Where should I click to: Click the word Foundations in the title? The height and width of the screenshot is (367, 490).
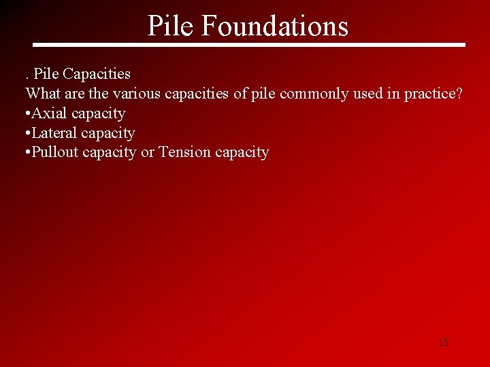pos(275,26)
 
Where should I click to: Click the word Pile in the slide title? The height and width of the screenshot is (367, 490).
pos(170,26)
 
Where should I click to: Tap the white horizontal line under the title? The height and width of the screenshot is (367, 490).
pos(249,46)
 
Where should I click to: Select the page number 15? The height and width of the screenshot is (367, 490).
pos(444,343)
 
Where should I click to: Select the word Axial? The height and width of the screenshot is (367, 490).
pos(50,113)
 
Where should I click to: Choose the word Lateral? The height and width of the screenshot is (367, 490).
pos(54,133)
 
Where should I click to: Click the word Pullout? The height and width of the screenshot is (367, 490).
pos(55,152)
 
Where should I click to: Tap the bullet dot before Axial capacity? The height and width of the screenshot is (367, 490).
pos(27,113)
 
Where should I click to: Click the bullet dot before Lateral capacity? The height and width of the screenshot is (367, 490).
pos(27,133)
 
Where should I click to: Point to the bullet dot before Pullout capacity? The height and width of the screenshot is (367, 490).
pos(27,153)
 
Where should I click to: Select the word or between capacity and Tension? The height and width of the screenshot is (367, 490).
pos(147,152)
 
